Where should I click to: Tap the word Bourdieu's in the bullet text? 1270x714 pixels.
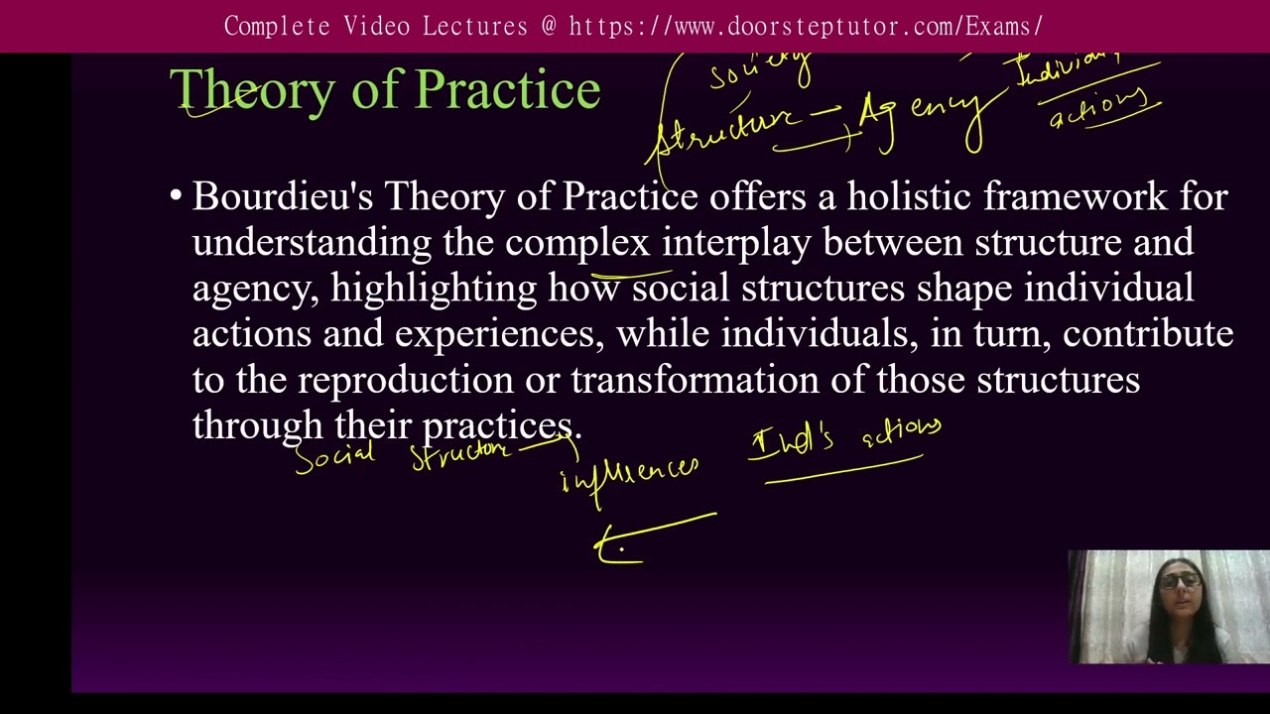pos(283,196)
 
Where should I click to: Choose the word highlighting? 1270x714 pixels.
pos(434,289)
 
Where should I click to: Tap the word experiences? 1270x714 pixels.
pos(499,334)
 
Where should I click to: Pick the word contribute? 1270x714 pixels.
pos(1148,334)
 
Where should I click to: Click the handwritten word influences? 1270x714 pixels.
pos(630,474)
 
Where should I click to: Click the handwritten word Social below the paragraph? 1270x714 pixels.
pos(334,457)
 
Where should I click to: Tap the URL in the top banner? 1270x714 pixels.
pos(805,26)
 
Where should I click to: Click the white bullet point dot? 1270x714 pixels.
pos(176,196)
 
